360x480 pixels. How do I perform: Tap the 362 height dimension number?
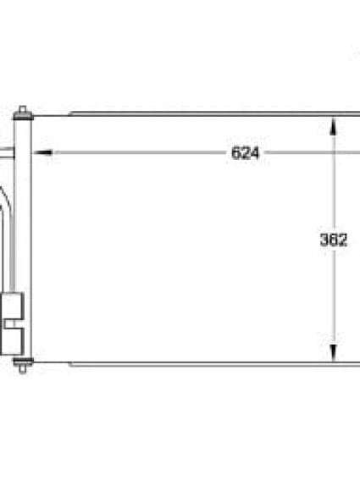pos(333,240)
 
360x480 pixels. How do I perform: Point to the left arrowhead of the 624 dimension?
pos(42,153)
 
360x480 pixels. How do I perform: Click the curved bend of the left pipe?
pos(7,199)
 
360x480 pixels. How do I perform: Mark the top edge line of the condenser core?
pos(203,113)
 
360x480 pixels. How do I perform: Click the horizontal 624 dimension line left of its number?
pos(136,153)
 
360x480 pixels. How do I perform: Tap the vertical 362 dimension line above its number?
pos(333,178)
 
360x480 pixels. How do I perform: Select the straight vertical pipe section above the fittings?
pos(12,254)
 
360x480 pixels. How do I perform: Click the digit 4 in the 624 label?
pos(254,153)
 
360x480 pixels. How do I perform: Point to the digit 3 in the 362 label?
pos(324,240)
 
